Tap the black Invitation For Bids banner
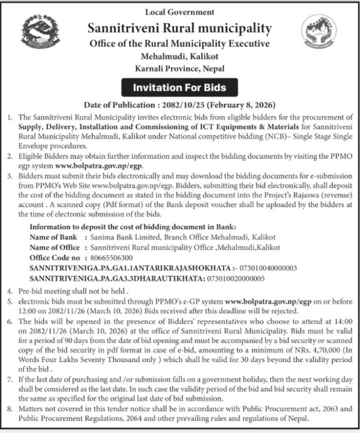coord(179,88)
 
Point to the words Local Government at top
coord(179,12)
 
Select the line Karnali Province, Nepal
coord(179,69)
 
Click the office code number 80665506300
coord(111,257)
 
